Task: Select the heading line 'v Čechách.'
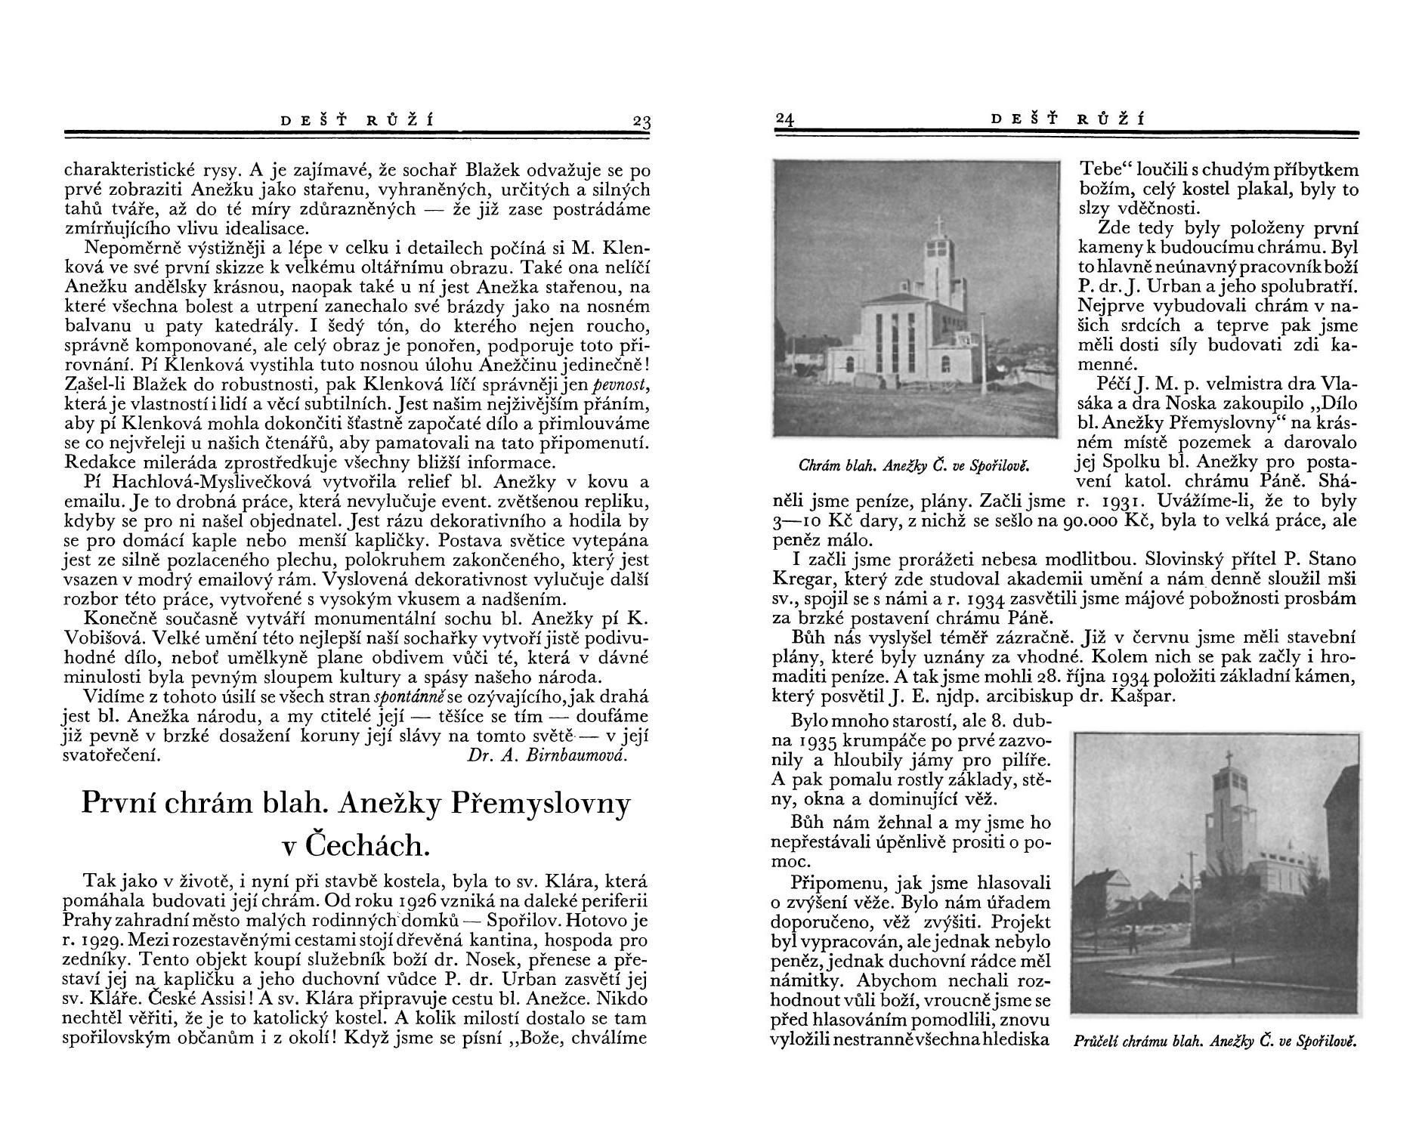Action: point(355,846)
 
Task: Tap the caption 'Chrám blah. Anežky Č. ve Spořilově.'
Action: point(915,466)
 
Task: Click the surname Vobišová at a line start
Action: point(96,638)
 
